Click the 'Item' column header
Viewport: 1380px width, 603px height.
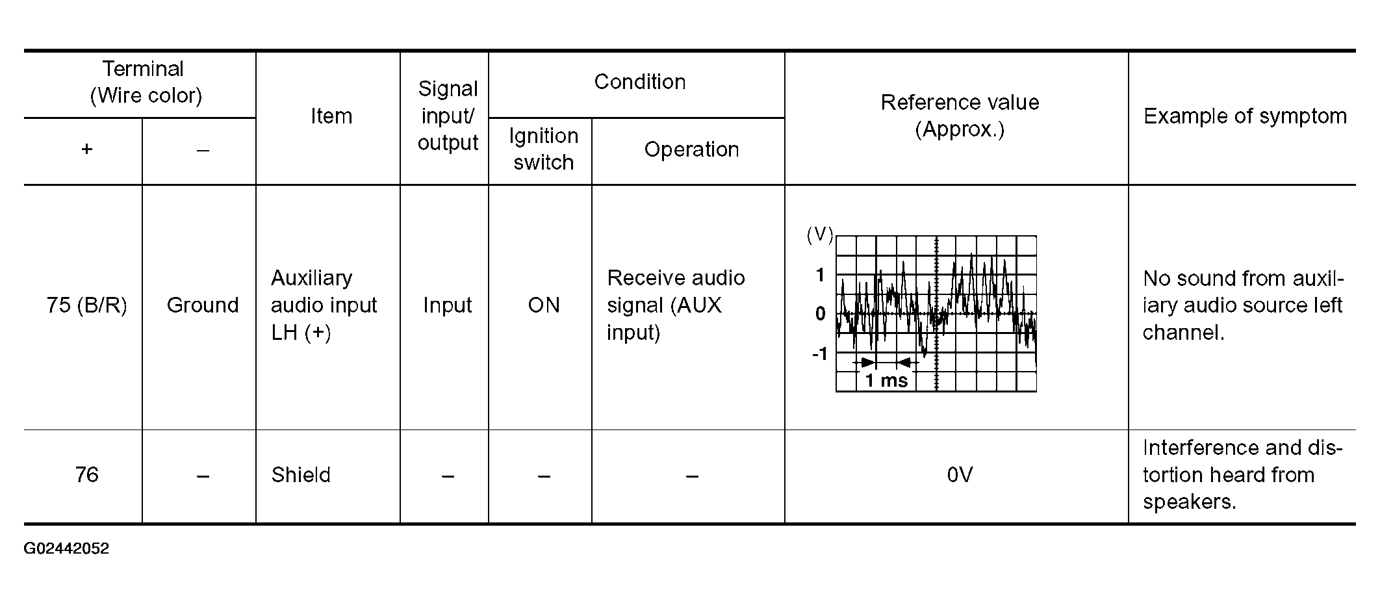click(331, 116)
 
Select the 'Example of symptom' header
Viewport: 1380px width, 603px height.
click(1245, 116)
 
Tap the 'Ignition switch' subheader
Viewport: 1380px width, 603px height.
click(543, 149)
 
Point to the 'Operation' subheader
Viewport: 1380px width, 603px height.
click(691, 149)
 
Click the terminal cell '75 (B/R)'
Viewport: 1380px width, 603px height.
click(86, 305)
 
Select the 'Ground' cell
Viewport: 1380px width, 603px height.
click(203, 305)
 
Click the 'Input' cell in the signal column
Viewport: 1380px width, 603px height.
click(447, 305)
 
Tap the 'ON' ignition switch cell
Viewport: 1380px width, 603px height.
click(544, 305)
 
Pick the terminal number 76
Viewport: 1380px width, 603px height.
click(86, 475)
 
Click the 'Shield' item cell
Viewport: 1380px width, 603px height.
click(301, 475)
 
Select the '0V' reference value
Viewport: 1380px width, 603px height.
click(960, 475)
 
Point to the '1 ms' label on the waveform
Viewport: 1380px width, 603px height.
click(886, 381)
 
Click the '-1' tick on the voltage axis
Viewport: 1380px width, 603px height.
click(820, 354)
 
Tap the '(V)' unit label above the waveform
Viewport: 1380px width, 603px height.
click(819, 235)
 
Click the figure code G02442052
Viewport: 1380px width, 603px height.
click(66, 548)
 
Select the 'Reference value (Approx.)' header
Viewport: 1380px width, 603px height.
click(960, 116)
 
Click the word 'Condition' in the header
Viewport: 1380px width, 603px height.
click(640, 82)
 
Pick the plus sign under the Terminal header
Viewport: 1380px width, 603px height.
click(86, 149)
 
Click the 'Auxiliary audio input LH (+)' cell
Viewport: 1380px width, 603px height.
click(324, 305)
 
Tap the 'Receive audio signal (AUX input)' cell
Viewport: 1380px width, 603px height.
click(676, 305)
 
